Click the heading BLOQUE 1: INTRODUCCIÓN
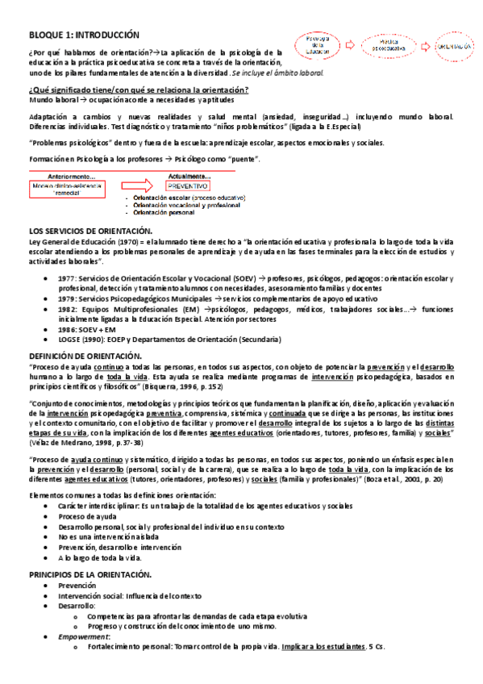tap(84, 35)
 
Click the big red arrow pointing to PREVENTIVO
tap(144, 186)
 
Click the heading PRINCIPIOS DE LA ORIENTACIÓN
tap(90, 573)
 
